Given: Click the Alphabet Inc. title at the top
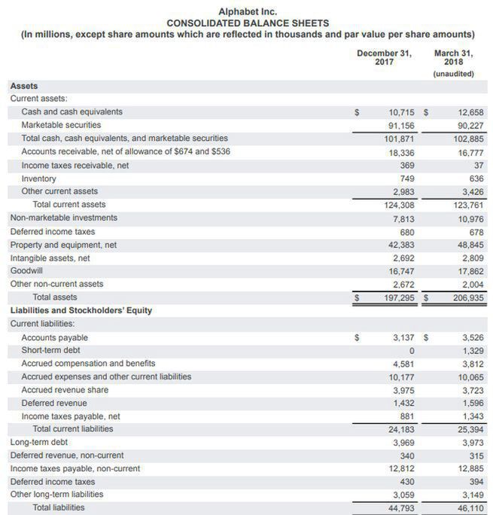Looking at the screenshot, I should (247, 11).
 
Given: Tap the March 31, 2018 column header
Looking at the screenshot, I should (454, 57).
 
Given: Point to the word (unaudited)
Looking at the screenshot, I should (454, 74).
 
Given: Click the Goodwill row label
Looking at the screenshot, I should (26, 270).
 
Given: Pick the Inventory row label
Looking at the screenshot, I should (38, 178).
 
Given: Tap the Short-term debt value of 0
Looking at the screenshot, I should (412, 351).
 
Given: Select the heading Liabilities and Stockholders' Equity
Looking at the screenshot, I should (81, 310).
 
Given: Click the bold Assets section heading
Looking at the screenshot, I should (24, 87).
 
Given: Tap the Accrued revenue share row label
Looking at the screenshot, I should (65, 389).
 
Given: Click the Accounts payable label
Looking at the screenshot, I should (54, 337).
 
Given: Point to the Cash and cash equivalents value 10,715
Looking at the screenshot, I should (402, 112).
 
